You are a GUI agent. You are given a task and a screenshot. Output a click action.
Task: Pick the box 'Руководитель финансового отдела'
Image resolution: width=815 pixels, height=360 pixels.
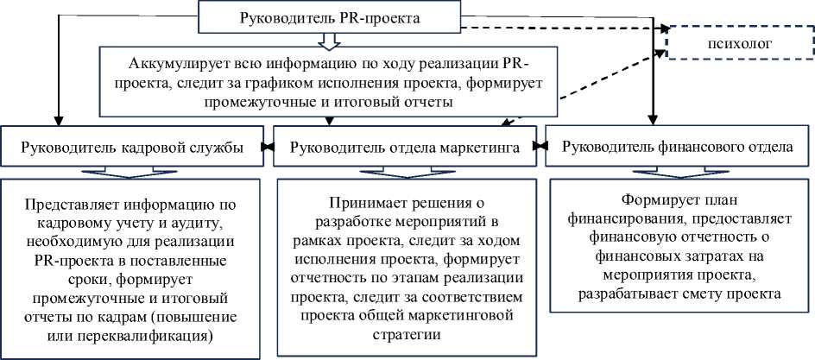677,147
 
